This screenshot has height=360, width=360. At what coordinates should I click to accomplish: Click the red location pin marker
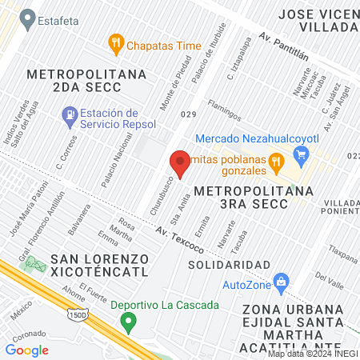click(x=180, y=164)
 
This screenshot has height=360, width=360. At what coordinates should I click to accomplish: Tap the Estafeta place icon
click(x=28, y=16)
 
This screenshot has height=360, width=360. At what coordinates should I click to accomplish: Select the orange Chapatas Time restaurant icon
click(x=117, y=45)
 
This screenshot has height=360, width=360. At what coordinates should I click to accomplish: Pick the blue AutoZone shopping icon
click(x=281, y=282)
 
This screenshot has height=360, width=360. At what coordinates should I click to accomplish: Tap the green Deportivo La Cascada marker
click(x=127, y=322)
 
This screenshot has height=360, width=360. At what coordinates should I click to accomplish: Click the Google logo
click(x=26, y=350)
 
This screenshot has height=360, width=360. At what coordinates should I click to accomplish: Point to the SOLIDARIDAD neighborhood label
click(x=229, y=264)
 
